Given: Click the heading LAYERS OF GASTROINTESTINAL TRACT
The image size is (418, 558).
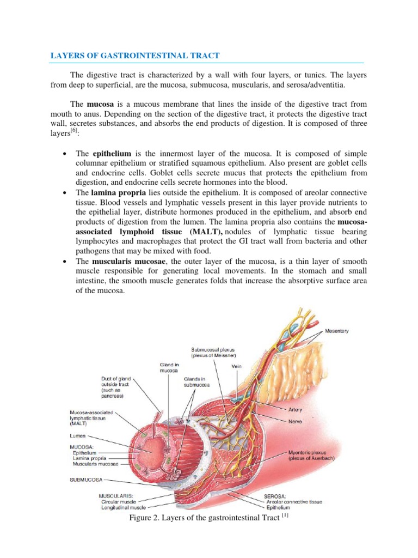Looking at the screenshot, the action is (x=136, y=56).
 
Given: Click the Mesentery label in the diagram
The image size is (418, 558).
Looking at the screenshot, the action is (x=337, y=331).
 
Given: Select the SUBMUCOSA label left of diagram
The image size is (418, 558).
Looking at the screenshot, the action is (x=85, y=480).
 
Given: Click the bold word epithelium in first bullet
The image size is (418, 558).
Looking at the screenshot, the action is (x=112, y=153).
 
